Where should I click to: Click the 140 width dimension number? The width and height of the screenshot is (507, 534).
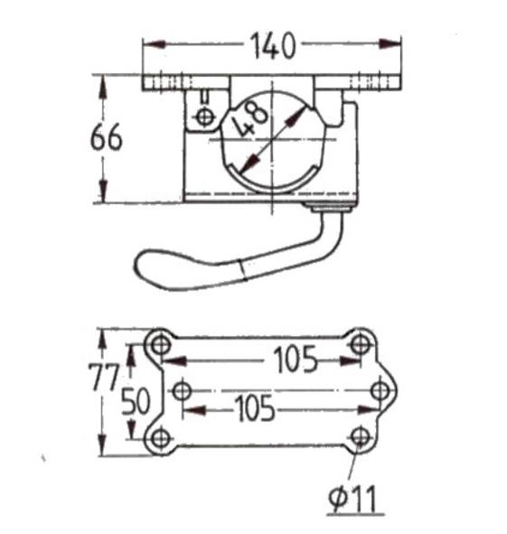(273, 46)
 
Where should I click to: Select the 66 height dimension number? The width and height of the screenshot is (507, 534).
(106, 137)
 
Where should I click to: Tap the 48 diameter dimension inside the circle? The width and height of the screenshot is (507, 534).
(249, 119)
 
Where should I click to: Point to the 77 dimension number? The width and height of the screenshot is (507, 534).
(104, 377)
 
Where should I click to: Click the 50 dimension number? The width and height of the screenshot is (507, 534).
(136, 402)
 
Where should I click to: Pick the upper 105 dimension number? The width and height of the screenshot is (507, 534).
(295, 360)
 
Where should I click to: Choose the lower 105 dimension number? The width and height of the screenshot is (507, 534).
(255, 408)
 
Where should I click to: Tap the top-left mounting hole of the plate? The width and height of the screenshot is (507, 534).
(161, 345)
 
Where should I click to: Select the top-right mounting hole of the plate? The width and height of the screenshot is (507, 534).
(361, 343)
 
